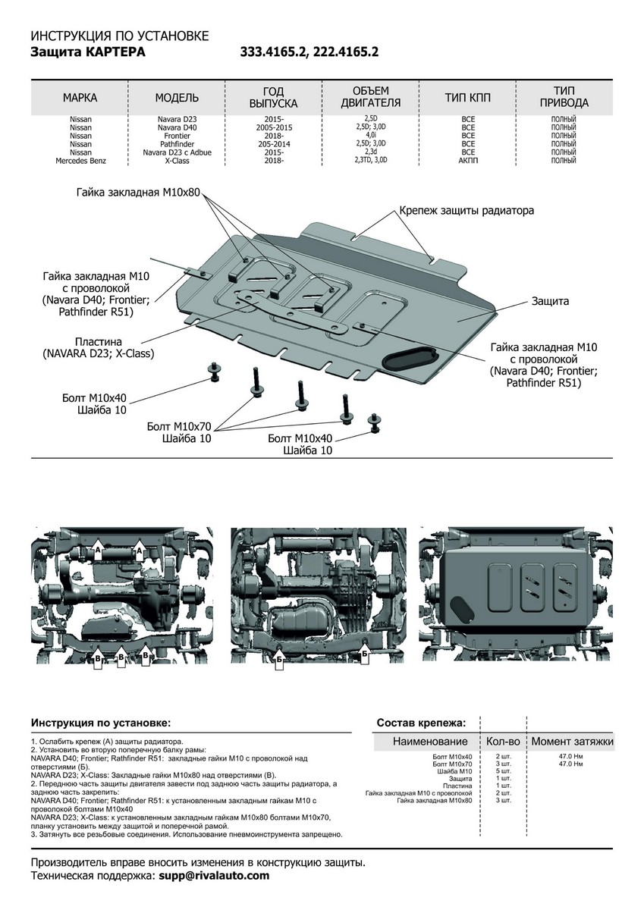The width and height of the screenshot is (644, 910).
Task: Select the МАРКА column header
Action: pyautogui.click(x=80, y=98)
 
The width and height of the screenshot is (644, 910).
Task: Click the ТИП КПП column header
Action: pyautogui.click(x=468, y=98)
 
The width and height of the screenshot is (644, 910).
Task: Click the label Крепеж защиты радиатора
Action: pyautogui.click(x=468, y=210)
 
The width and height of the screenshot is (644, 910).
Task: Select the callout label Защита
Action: pyautogui.click(x=551, y=301)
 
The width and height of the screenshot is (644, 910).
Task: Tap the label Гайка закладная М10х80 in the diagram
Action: pyautogui.click(x=137, y=193)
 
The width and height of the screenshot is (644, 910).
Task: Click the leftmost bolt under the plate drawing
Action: pyautogui.click(x=214, y=372)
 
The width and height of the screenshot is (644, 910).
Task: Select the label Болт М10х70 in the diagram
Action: pyautogui.click(x=179, y=428)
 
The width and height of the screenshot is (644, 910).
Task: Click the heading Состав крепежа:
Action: pyautogui.click(x=422, y=723)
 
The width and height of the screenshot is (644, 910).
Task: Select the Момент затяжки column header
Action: pyautogui.click(x=572, y=742)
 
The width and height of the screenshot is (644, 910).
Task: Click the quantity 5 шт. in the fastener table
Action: pyautogui.click(x=503, y=771)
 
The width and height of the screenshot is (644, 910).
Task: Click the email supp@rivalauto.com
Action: pyautogui.click(x=214, y=876)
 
